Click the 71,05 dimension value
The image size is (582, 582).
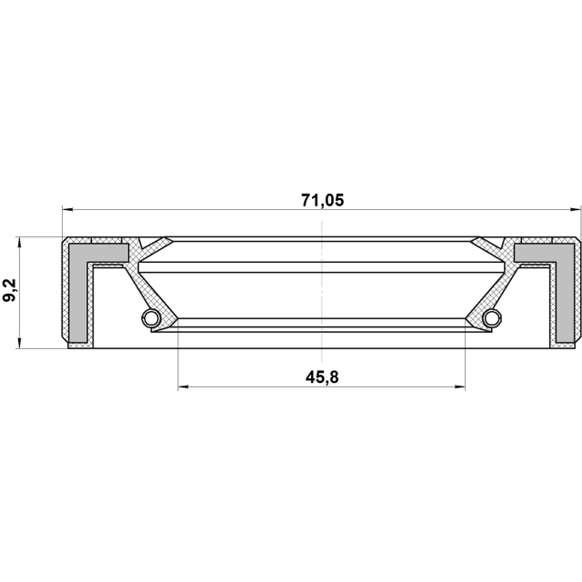pos(322,200)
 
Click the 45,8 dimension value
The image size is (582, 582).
pos(322,377)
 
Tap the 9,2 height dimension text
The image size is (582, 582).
pos(10,291)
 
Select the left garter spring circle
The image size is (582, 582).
pos(151,317)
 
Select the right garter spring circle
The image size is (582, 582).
pos(492,317)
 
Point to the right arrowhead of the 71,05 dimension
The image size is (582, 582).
pos(575,210)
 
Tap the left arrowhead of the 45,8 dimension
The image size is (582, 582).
pos(184,387)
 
